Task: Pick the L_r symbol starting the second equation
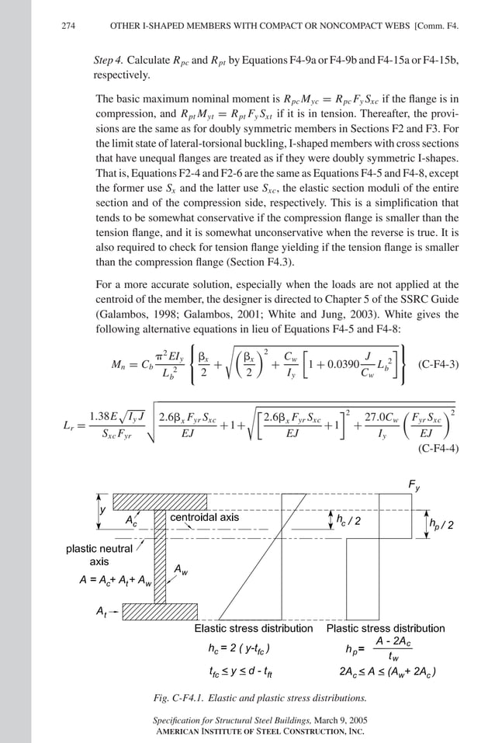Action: [x=67, y=425]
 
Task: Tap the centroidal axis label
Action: [x=205, y=517]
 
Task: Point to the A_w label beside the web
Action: [x=179, y=571]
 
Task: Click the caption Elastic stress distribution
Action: [x=254, y=628]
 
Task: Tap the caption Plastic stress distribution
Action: [x=386, y=628]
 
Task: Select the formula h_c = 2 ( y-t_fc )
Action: [x=235, y=648]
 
